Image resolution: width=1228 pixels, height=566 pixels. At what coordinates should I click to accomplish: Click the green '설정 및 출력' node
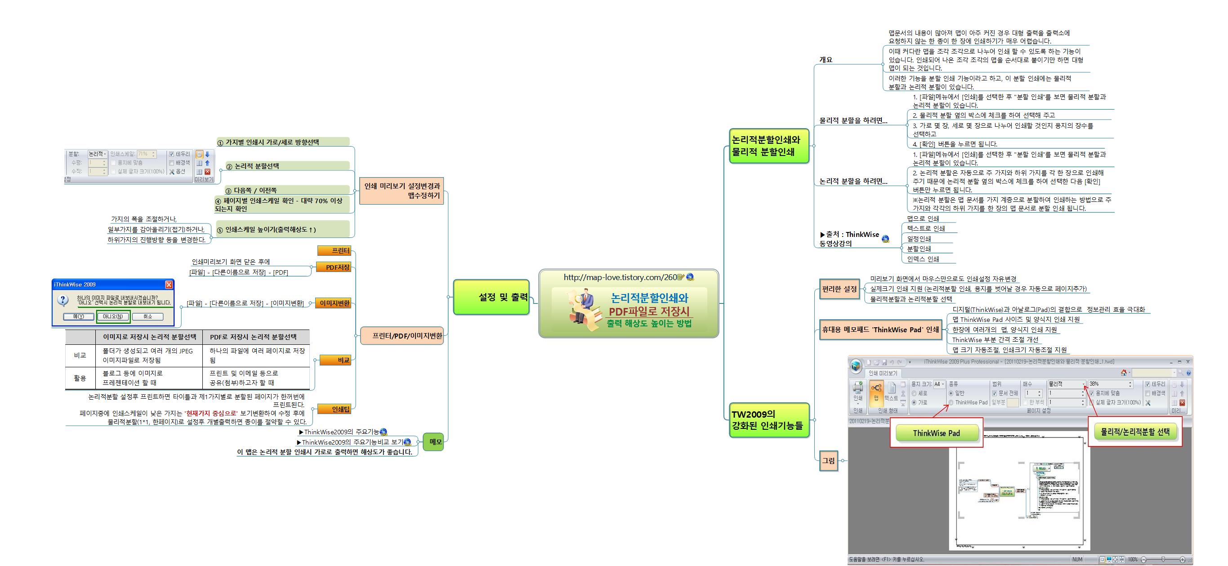pos(491,297)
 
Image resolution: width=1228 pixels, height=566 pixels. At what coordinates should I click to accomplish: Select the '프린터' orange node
pos(336,250)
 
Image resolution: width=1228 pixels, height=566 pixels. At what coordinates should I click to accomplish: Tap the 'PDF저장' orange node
pos(334,267)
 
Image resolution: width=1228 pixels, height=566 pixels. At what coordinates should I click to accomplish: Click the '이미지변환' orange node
pos(334,303)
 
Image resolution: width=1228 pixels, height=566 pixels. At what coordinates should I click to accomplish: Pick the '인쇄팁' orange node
pos(336,409)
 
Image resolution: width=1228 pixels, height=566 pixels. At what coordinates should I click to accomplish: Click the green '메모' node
pos(433,441)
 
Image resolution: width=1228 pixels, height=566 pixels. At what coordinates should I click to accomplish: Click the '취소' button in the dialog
pos(148,316)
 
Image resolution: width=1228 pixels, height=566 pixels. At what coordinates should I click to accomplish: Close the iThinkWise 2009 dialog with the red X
pos(169,285)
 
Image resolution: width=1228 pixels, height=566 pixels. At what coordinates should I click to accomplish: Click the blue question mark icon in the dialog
pos(63,300)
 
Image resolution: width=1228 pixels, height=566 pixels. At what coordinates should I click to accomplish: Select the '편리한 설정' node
pos(839,289)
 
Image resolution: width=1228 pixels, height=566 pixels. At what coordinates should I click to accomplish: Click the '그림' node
pos(829,461)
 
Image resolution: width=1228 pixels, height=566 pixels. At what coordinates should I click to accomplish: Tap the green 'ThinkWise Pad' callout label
pos(936,433)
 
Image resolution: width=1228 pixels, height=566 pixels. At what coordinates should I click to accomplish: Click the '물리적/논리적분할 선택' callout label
pos(1134,432)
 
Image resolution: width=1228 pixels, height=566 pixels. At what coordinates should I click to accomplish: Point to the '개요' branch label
pos(826,59)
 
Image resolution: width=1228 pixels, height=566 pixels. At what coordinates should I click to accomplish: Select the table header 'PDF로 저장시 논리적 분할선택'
pos(253,337)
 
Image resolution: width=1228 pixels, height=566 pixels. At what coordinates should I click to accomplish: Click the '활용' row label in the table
pos(80,378)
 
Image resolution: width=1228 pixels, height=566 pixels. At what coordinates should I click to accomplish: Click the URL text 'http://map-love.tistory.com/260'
pos(620,277)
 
